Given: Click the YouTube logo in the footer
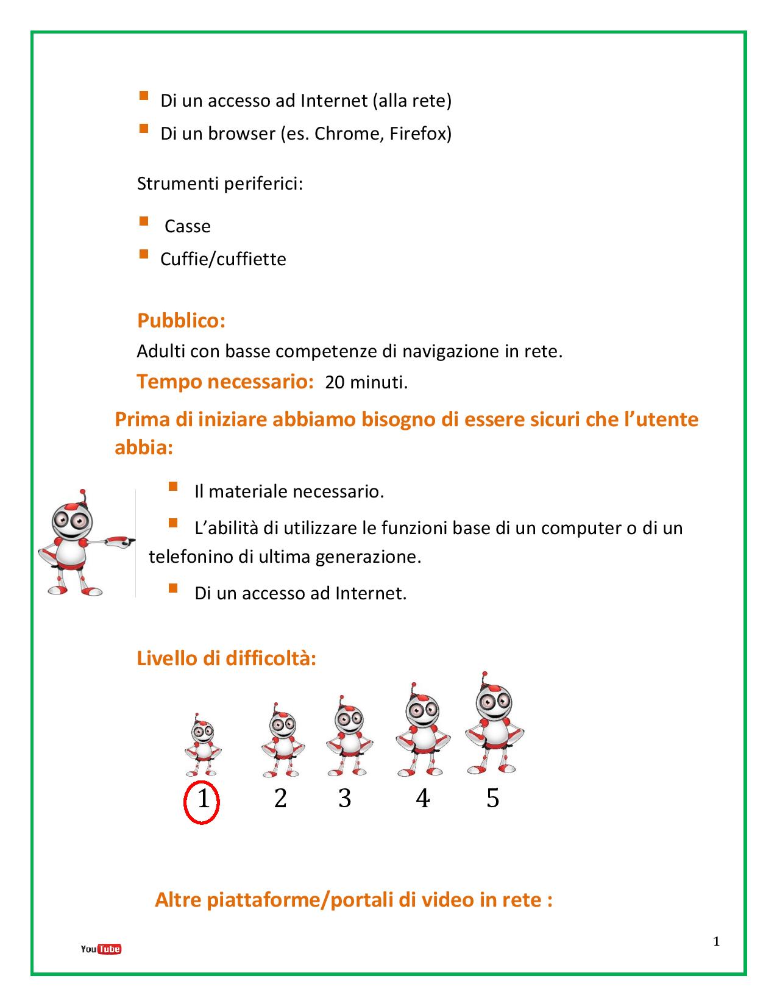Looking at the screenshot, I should pyautogui.click(x=101, y=949).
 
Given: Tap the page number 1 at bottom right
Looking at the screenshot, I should pyautogui.click(x=717, y=941).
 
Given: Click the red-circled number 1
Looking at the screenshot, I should pyautogui.click(x=203, y=799).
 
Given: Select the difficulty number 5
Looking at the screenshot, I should pyautogui.click(x=492, y=798).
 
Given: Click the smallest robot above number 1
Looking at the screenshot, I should pyautogui.click(x=203, y=745).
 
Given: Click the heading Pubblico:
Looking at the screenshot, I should pyautogui.click(x=181, y=321).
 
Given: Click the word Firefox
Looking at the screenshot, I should pyautogui.click(x=420, y=134).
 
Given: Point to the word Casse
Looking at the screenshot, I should pyautogui.click(x=188, y=226).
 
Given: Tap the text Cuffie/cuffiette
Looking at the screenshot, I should pyautogui.click(x=223, y=259).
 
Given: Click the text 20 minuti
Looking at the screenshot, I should pyautogui.click(x=366, y=383).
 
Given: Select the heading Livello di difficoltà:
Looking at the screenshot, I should pyautogui.click(x=226, y=658).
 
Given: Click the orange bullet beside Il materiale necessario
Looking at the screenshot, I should pyautogui.click(x=172, y=487).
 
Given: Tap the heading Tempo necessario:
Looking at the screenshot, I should pyautogui.click(x=225, y=382).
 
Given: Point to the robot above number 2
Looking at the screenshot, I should pyautogui.click(x=282, y=740).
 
